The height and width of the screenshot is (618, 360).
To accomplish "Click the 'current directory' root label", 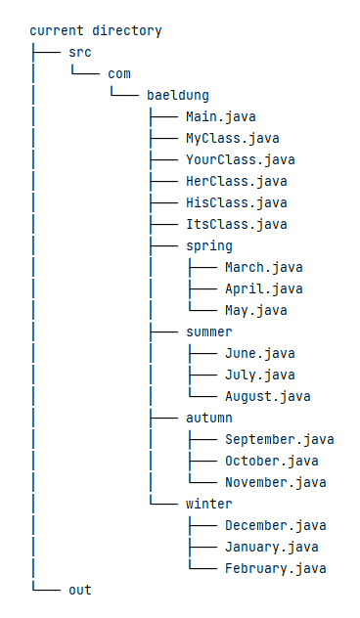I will point(96,30).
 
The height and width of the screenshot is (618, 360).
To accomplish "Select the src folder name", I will point(80,52).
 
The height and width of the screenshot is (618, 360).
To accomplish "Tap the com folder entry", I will point(119,73).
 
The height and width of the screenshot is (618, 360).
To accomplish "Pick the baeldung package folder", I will point(178,95).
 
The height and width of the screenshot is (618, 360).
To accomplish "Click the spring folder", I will point(209,245).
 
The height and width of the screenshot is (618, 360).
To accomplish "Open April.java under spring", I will point(264,288).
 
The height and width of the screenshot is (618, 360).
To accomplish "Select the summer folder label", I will point(209,331).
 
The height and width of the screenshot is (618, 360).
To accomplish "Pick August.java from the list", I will point(268,396).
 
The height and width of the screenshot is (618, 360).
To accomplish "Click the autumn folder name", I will point(209,418).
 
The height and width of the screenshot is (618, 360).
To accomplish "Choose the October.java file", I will point(272,461).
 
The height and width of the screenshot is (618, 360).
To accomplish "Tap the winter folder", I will point(209,504).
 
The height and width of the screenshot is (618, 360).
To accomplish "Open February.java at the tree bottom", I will point(276,568).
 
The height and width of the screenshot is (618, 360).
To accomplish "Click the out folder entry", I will point(80,590).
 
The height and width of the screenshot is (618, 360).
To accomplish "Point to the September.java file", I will point(280,439).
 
